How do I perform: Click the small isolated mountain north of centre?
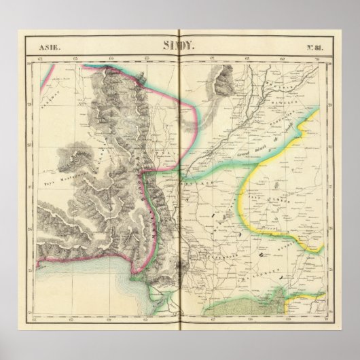click(221, 88)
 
